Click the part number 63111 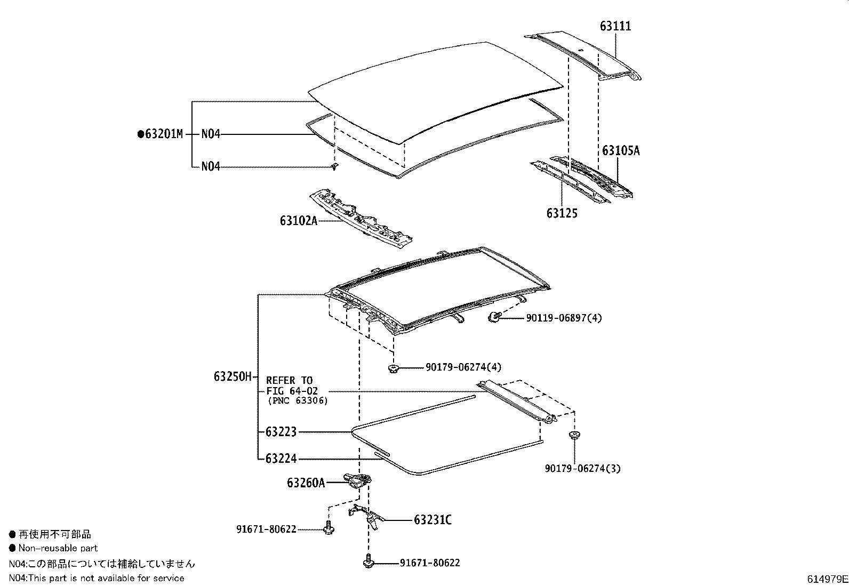click(615, 26)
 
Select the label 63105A click(621, 150)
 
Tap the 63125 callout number click(562, 213)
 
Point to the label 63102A click(298, 220)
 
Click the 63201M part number click(163, 134)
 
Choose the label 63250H click(233, 377)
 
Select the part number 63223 click(281, 431)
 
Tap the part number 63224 click(281, 459)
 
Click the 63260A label click(306, 483)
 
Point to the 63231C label click(432, 519)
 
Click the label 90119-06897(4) click(564, 318)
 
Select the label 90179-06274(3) click(582, 469)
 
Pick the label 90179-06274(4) click(463, 367)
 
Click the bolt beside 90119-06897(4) click(494, 317)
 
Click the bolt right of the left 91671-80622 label click(328, 529)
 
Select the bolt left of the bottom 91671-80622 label click(368, 561)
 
